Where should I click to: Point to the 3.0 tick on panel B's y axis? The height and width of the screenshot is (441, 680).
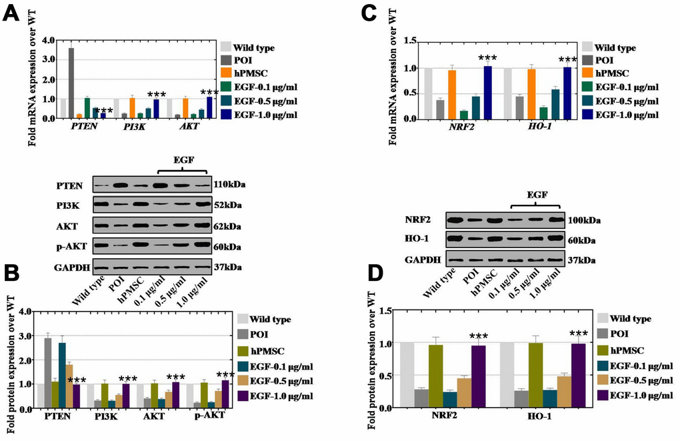26,336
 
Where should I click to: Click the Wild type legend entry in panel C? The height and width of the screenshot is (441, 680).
615,47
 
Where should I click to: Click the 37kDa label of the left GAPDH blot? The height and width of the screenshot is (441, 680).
227,268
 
